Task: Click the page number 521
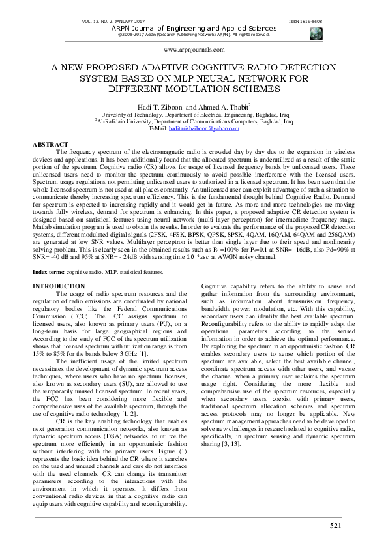click(x=335, y=525)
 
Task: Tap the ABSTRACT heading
click(x=50, y=144)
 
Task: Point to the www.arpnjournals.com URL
click(x=194, y=49)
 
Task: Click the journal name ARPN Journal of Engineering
click(x=194, y=29)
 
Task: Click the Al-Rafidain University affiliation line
click(x=194, y=121)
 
